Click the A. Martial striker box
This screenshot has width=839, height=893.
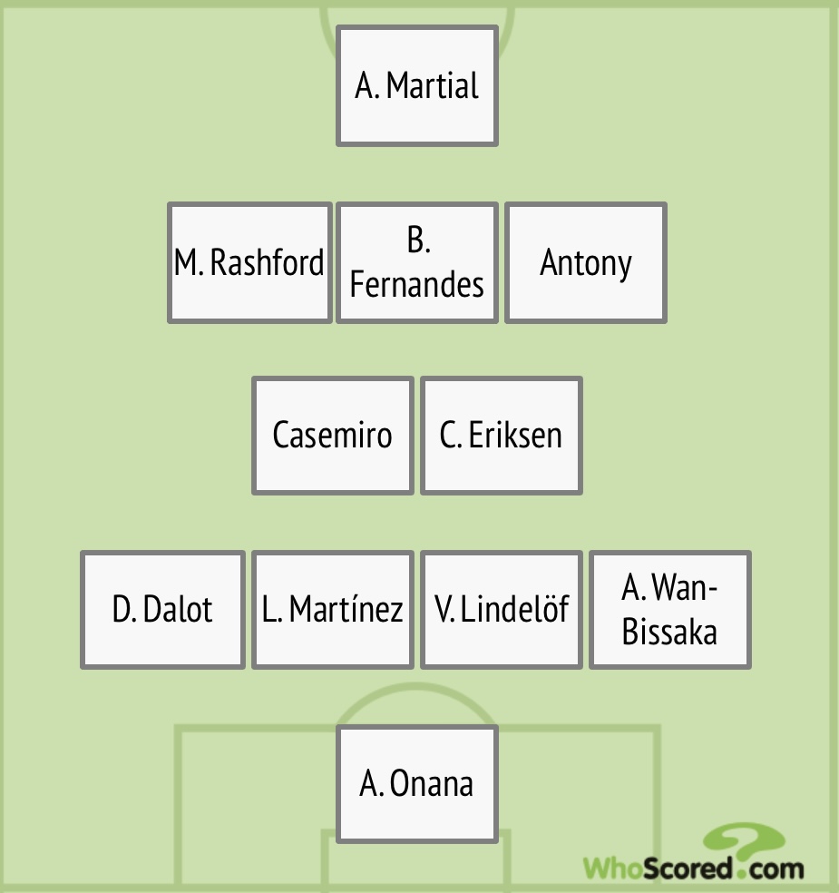click(x=417, y=86)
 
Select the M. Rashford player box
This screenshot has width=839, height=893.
click(x=249, y=262)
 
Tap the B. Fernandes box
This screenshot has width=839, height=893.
click(x=417, y=262)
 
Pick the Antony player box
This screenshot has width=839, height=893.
click(x=586, y=262)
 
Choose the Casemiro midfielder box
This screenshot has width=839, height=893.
click(x=333, y=436)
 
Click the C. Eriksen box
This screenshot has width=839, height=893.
click(x=502, y=436)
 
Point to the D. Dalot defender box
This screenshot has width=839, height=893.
click(x=162, y=610)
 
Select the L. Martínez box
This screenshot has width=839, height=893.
click(x=333, y=610)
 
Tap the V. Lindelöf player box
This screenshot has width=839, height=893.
click(x=502, y=610)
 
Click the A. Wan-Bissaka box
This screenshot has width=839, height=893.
click(x=670, y=610)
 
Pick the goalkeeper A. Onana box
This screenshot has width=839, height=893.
click(x=417, y=784)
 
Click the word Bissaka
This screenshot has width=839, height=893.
click(x=670, y=633)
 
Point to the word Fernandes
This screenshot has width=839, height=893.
click(x=417, y=285)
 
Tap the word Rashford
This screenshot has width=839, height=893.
click(x=267, y=263)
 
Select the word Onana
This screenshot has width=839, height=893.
click(x=432, y=784)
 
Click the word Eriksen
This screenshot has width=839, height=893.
click(x=515, y=436)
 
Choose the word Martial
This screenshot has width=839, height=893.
click(x=433, y=86)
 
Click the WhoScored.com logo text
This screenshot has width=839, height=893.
click(x=693, y=868)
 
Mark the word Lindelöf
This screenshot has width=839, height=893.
click(x=515, y=610)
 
